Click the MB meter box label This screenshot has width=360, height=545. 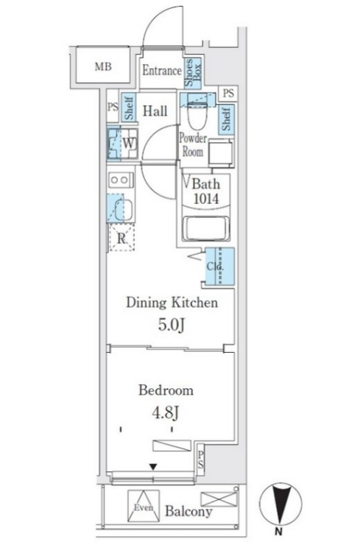click(x=103, y=66)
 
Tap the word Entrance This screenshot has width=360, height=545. click(x=162, y=71)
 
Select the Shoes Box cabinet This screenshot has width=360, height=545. click(x=193, y=74)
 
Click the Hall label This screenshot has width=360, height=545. click(x=155, y=111)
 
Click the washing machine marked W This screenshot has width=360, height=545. click(x=122, y=144)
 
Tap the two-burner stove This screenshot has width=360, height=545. click(x=120, y=180)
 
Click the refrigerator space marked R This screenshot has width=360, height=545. click(x=121, y=238)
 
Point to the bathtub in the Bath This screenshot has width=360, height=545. click(x=205, y=228)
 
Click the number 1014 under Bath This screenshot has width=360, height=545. click(x=206, y=199)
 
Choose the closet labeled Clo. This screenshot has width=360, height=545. click(x=219, y=267)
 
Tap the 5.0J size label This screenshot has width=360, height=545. click(x=172, y=325)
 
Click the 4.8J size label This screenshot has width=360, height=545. click(x=166, y=413)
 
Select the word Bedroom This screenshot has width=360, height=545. click(x=166, y=390)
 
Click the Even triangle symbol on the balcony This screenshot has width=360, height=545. click(x=144, y=506)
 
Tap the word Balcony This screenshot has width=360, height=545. click(x=188, y=511)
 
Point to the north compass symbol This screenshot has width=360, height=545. click(x=280, y=503)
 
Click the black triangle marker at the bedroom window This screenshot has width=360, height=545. click(x=153, y=466)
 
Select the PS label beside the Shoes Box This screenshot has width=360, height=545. click(x=228, y=93)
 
